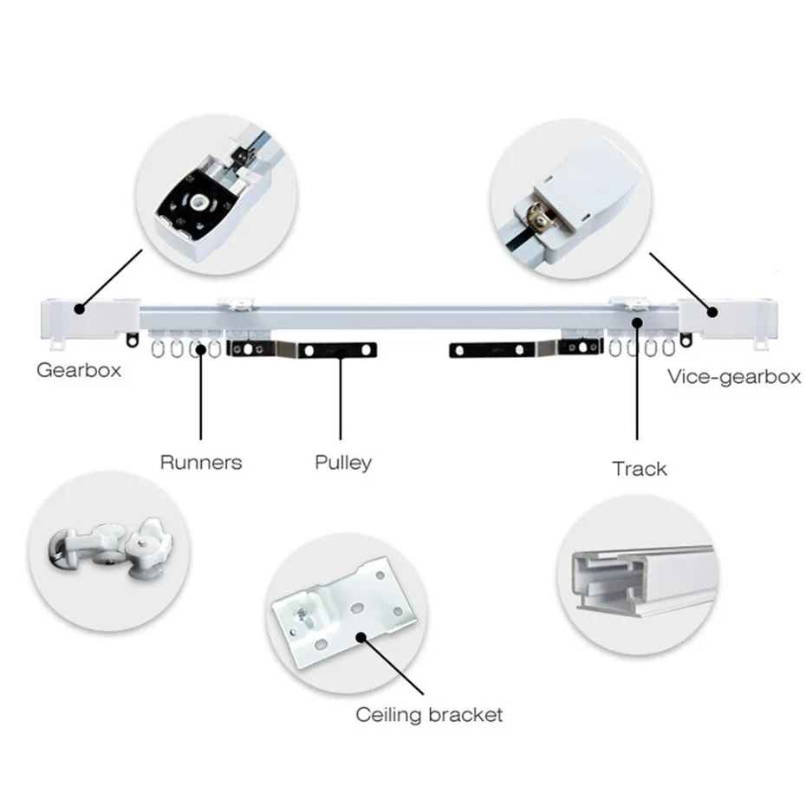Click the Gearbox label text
pyautogui.click(x=79, y=370)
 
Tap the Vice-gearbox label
pyautogui.click(x=733, y=377)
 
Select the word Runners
pyautogui.click(x=201, y=462)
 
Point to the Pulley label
pyautogui.click(x=343, y=462)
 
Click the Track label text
pyautogui.click(x=640, y=469)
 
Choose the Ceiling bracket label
pyautogui.click(x=429, y=715)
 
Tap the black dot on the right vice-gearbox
pyautogui.click(x=712, y=312)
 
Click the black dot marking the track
pyautogui.click(x=638, y=322)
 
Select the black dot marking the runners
pyautogui.click(x=202, y=349)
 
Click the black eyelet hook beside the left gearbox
pyautogui.click(x=133, y=341)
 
